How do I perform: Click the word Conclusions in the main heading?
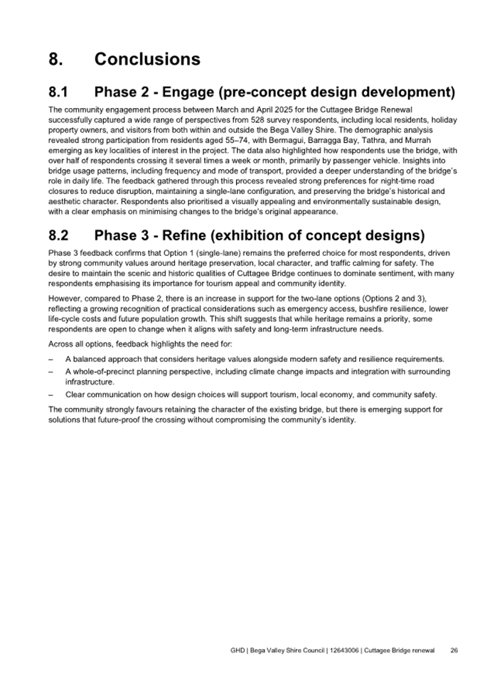[x=147, y=59]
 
